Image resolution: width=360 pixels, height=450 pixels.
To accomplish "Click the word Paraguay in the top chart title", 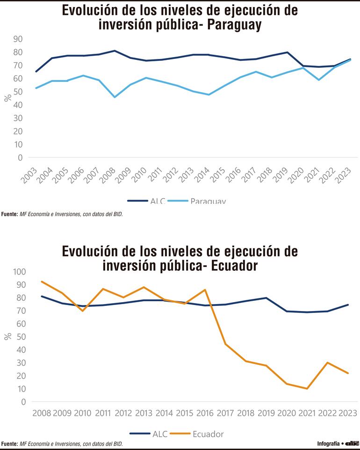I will pos(234,24).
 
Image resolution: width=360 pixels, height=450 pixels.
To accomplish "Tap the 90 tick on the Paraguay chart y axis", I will pos(18,38).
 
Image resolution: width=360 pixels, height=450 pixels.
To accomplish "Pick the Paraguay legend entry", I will pos(208,201).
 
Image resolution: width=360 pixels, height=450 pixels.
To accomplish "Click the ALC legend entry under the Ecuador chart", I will pos(151,434).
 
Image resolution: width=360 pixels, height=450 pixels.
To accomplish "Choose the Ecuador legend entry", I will pos(208,434).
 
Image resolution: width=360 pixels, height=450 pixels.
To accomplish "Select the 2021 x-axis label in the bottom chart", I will pos(307,413).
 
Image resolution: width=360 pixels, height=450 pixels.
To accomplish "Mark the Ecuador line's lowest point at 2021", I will pos(307,389).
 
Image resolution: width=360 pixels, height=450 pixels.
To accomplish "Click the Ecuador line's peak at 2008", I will pos(42,282).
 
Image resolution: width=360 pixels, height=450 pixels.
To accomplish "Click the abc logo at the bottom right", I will pos(352,443).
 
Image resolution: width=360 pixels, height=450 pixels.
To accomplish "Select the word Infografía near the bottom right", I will pos(328,443).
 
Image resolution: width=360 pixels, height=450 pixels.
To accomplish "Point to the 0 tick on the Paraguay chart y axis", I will pos(20,158).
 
